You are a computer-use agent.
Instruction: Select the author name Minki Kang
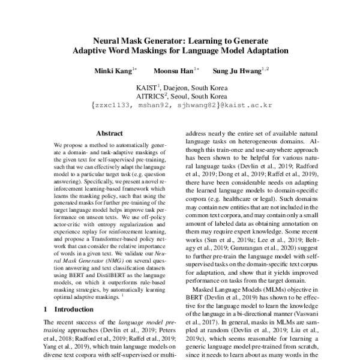(111, 71)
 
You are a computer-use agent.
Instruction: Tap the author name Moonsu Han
(172, 71)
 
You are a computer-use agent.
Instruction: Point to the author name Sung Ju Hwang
(238, 71)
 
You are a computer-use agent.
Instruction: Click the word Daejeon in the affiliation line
(179, 87)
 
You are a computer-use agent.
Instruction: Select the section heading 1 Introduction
(66, 309)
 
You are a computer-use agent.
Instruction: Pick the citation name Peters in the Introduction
(160, 331)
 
